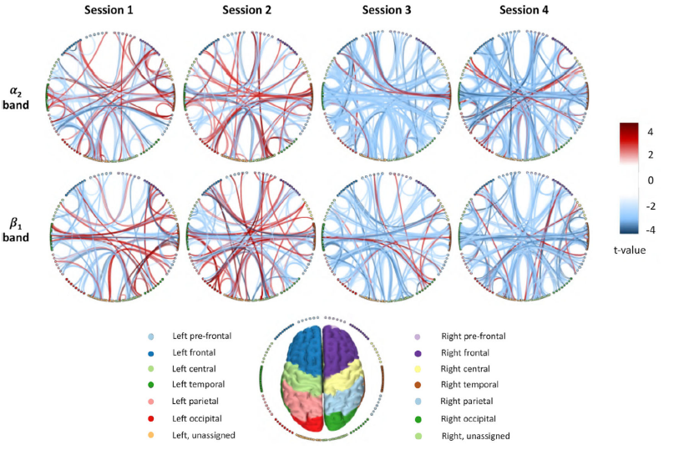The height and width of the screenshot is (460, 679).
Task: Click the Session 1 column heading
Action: pyautogui.click(x=109, y=10)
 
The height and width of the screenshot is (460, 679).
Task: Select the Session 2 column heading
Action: pyautogui.click(x=247, y=10)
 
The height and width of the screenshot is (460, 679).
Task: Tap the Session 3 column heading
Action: pyautogui.click(x=386, y=10)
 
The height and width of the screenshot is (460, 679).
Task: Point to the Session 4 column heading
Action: pyautogui.click(x=524, y=10)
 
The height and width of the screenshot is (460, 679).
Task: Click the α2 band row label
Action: pyautogui.click(x=16, y=98)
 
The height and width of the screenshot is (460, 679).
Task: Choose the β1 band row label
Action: pyautogui.click(x=16, y=230)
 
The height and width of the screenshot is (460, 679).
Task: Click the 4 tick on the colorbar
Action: pyautogui.click(x=651, y=132)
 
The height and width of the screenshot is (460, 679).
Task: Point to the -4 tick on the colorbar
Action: pyautogui.click(x=651, y=230)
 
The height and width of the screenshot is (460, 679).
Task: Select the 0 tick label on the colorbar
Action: pyautogui.click(x=651, y=180)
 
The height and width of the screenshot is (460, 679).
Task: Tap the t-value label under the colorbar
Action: pyautogui.click(x=630, y=250)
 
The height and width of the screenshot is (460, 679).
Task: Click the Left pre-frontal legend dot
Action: pyautogui.click(x=151, y=336)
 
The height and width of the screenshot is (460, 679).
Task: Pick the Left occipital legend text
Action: pyautogui.click(x=196, y=418)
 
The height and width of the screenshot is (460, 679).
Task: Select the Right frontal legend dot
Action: pyautogui.click(x=418, y=353)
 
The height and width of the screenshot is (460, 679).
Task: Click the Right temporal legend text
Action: pyautogui.click(x=469, y=384)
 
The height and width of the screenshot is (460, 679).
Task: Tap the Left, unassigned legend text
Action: pyautogui.click(x=204, y=435)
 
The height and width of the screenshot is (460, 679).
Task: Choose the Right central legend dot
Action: pyautogui.click(x=418, y=369)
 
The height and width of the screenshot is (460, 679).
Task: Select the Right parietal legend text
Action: pyautogui.click(x=466, y=402)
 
